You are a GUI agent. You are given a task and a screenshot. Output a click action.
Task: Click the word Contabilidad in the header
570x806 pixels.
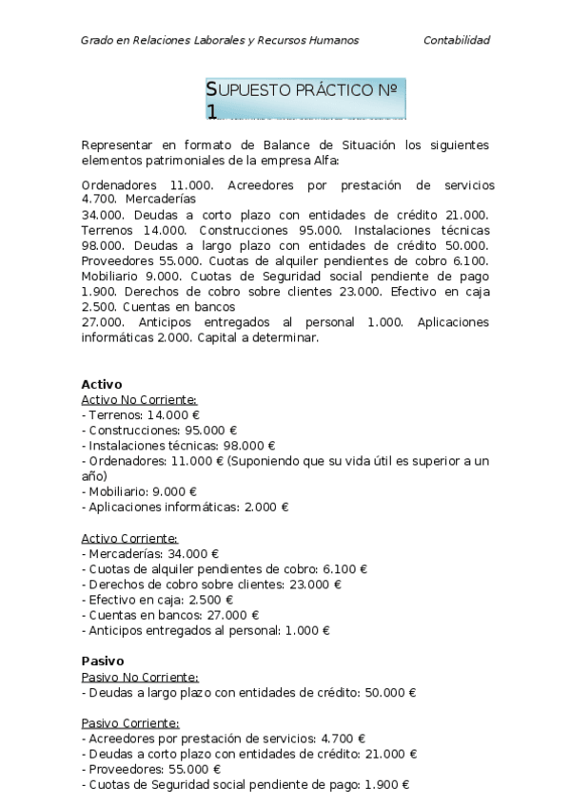point(457,40)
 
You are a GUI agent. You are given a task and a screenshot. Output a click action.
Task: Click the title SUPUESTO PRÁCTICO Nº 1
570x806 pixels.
point(305,99)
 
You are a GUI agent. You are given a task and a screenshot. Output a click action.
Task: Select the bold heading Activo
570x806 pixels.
point(102,384)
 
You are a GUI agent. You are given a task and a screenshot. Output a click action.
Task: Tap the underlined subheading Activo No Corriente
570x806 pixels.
point(139,400)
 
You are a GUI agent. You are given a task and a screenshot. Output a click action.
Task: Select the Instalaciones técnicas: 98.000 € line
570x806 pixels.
point(179,446)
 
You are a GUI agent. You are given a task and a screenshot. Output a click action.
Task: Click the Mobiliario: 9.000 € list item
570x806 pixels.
point(140,491)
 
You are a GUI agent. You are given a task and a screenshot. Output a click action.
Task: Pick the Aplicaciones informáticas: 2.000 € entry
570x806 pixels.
point(186,507)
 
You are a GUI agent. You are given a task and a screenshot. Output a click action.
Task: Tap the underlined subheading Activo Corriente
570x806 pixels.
point(130,538)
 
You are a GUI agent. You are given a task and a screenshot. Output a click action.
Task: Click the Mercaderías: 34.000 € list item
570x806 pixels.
point(151,553)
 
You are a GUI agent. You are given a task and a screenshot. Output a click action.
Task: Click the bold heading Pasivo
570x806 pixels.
point(103,661)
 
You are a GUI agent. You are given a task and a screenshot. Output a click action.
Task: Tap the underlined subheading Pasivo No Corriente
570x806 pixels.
point(140,677)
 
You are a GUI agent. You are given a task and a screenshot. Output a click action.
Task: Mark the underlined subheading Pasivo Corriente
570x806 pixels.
point(130,722)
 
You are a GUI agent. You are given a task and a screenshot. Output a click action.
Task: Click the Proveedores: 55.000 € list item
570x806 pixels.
point(152,769)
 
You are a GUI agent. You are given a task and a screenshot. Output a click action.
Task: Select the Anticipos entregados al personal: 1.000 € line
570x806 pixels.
point(206,629)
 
